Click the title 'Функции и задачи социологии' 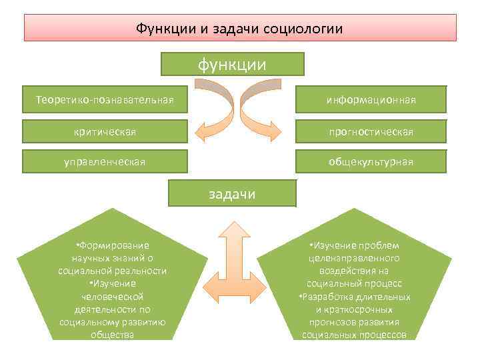(x=239, y=29)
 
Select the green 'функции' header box (x=232, y=64)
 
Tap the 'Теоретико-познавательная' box (x=105, y=99)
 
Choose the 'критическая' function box (x=105, y=131)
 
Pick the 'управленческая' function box (x=105, y=161)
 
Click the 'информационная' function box (x=371, y=99)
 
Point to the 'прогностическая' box (x=371, y=131)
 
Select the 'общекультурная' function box (x=371, y=161)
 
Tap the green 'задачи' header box (x=231, y=193)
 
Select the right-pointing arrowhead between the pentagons (x=261, y=280)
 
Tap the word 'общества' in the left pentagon (x=112, y=335)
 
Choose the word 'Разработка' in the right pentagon (x=330, y=297)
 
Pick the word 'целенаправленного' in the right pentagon (x=353, y=258)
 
